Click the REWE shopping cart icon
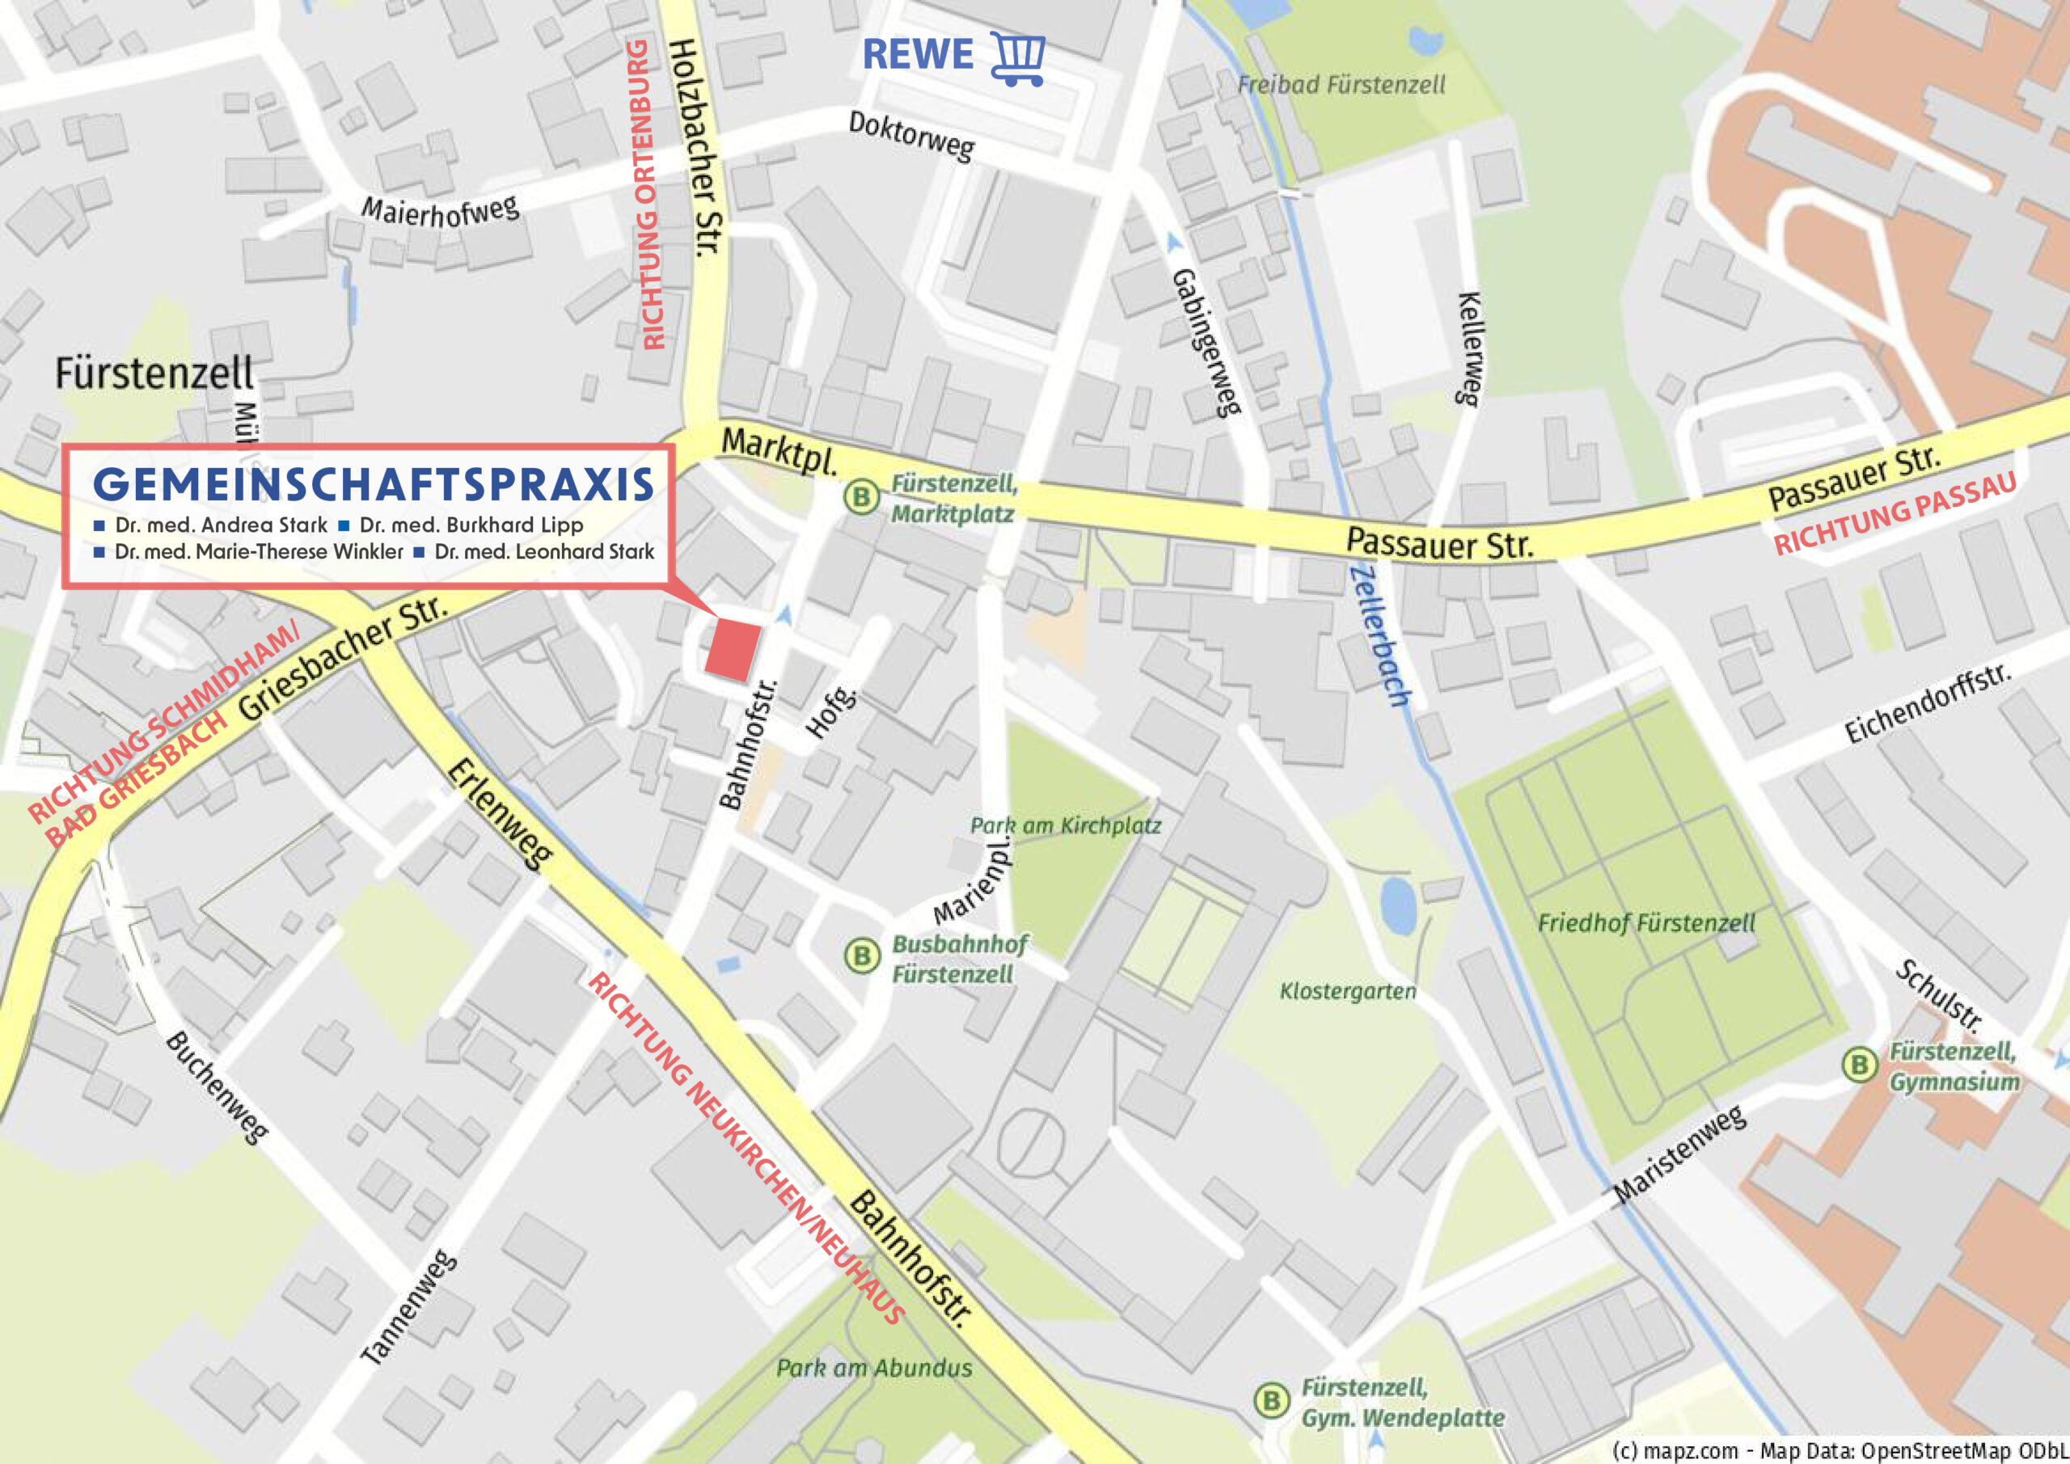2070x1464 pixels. click(x=1018, y=58)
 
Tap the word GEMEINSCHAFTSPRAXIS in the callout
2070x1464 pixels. click(x=374, y=485)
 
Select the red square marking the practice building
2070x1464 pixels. click(x=731, y=650)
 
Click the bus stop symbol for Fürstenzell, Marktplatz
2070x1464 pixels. click(x=861, y=496)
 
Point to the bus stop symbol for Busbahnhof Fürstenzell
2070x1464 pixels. click(x=861, y=956)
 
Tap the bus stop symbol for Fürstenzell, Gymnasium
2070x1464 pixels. click(x=1858, y=1065)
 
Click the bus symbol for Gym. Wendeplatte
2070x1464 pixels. click(x=1271, y=1401)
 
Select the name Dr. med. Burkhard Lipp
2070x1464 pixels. click(x=471, y=525)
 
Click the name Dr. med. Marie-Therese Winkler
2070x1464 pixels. click(x=258, y=551)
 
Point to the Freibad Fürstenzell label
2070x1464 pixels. click(x=1341, y=85)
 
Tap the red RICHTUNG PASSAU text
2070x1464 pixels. click(x=1895, y=513)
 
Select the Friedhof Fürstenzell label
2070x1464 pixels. click(x=1645, y=923)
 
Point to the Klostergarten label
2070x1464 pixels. click(x=1348, y=992)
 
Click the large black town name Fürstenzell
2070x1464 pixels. click(x=154, y=373)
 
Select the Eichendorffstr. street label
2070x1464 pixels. click(x=1926, y=703)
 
